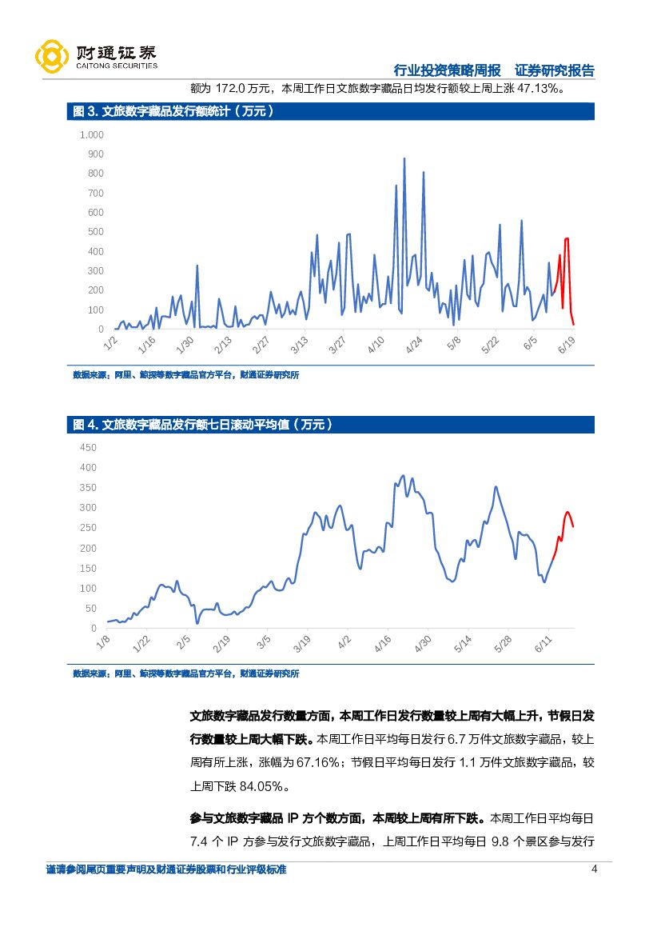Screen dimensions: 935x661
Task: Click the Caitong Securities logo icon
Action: click(x=50, y=56)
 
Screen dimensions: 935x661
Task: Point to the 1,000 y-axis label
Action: click(x=92, y=134)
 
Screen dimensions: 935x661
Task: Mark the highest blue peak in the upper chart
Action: click(x=404, y=159)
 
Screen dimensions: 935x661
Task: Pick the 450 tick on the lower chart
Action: click(x=88, y=447)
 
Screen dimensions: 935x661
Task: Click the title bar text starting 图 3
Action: click(x=173, y=112)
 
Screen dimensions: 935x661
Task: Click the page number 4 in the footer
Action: click(x=593, y=870)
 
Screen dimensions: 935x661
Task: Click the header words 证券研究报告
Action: click(x=554, y=70)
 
